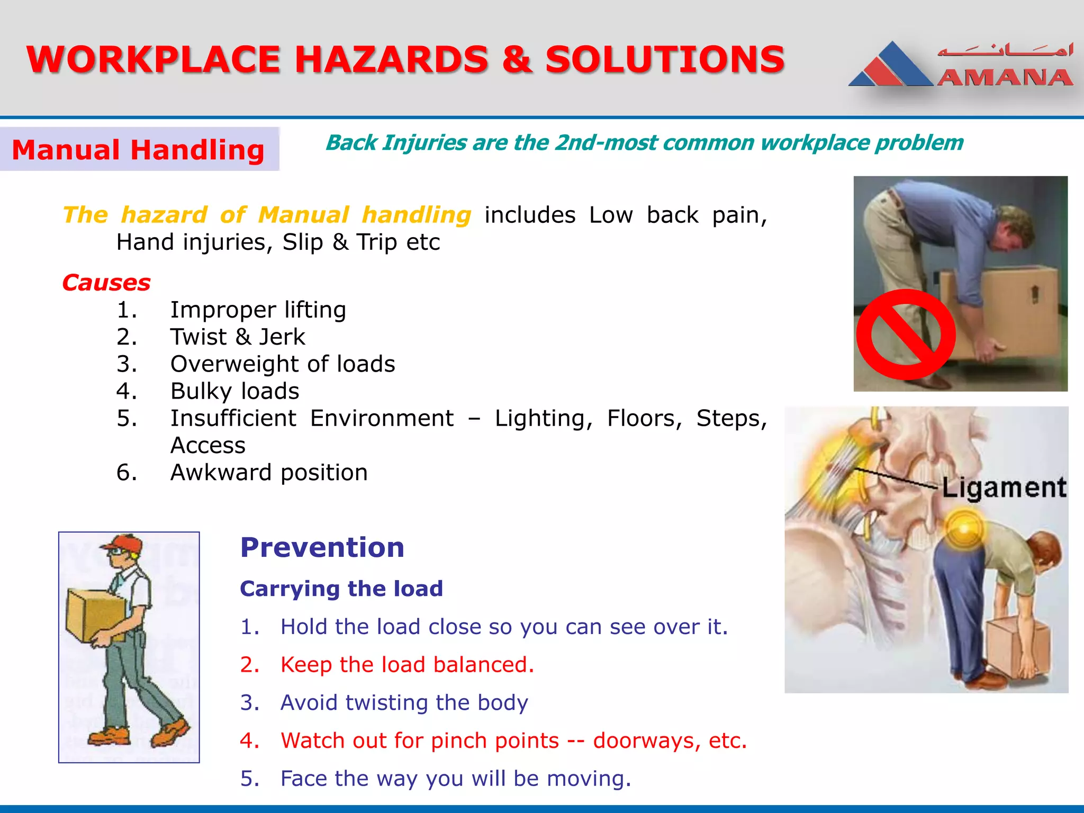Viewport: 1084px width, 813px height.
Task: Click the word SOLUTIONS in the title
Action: coord(664,59)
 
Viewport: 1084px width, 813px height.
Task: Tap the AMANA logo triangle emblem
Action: coord(891,67)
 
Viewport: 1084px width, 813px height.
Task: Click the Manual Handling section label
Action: coord(138,150)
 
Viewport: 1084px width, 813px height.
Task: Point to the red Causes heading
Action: coord(106,283)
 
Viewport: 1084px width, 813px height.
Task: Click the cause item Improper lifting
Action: coord(258,310)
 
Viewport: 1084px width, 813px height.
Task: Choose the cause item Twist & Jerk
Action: coord(238,337)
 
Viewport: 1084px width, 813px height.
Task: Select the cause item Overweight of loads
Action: coord(283,364)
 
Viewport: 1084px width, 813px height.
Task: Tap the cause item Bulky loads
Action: coord(234,391)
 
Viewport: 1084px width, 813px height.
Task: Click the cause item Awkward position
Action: coord(269,473)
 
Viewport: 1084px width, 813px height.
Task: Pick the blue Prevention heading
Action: coord(322,547)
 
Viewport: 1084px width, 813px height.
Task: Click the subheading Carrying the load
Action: coord(341,589)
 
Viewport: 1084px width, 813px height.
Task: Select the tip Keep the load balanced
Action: coord(407,665)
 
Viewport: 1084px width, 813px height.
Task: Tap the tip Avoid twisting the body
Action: coord(404,703)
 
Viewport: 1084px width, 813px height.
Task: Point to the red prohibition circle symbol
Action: coord(906,335)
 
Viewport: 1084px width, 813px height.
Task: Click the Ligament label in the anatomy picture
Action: coord(1004,487)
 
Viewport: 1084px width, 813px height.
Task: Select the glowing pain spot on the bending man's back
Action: coord(964,528)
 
